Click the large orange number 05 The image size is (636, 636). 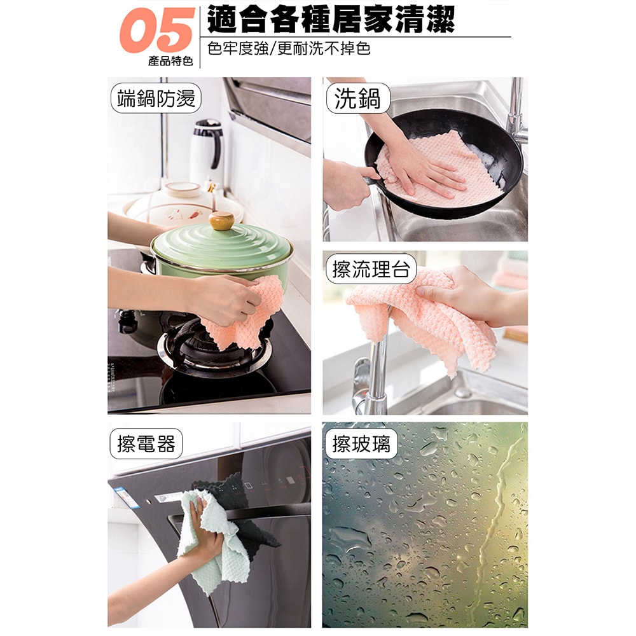click(x=156, y=31)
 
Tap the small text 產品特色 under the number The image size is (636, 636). click(x=170, y=61)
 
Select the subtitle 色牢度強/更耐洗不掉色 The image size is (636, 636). click(x=289, y=48)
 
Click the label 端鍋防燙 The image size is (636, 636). click(x=155, y=99)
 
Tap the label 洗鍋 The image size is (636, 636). click(x=357, y=99)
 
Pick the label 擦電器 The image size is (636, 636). click(x=146, y=443)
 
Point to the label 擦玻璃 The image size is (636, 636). click(x=361, y=443)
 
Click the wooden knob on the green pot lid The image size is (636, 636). click(x=221, y=221)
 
